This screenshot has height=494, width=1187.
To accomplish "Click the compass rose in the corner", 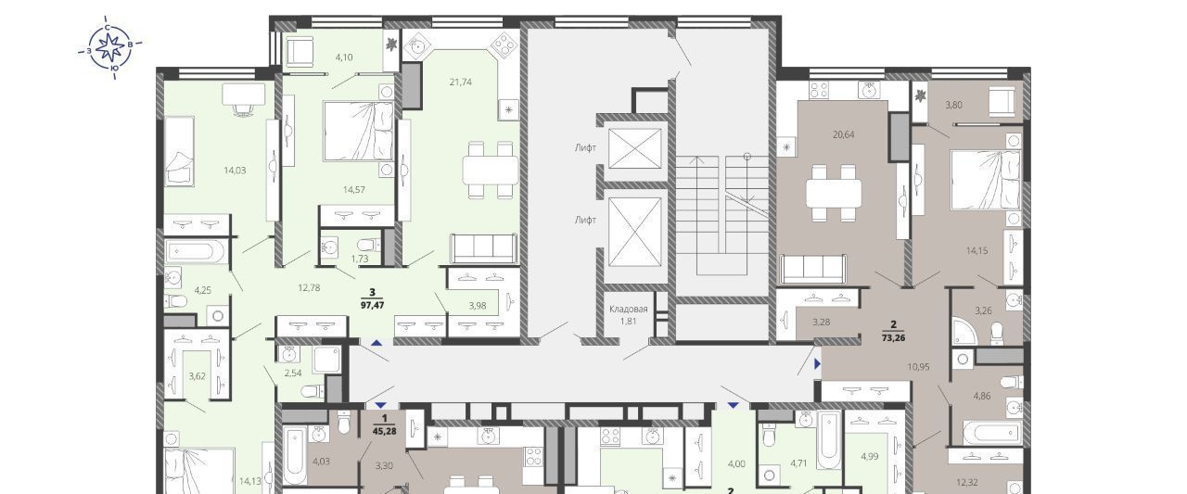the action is [109, 47].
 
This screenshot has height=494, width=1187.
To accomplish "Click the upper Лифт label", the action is [585, 148].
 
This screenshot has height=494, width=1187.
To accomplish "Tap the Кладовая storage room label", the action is [629, 310].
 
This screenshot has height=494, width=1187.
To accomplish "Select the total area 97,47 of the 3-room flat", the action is [373, 306].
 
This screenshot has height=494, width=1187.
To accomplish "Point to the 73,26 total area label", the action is [893, 337].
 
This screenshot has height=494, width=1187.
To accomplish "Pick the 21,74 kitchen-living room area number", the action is [461, 82].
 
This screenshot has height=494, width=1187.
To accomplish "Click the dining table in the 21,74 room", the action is [491, 170].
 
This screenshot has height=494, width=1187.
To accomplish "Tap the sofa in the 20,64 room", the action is [813, 269].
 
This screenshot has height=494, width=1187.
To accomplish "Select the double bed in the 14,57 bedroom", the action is [359, 131].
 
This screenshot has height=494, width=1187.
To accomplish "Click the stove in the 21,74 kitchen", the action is [504, 46].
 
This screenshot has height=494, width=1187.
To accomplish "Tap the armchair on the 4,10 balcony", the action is [300, 52].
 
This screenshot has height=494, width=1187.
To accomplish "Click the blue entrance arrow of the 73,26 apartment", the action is [818, 364].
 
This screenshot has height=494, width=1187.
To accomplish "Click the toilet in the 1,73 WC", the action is [369, 245].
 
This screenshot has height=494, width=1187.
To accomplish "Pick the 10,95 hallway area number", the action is [918, 366].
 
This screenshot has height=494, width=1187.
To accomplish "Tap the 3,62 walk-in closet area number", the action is [198, 376].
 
